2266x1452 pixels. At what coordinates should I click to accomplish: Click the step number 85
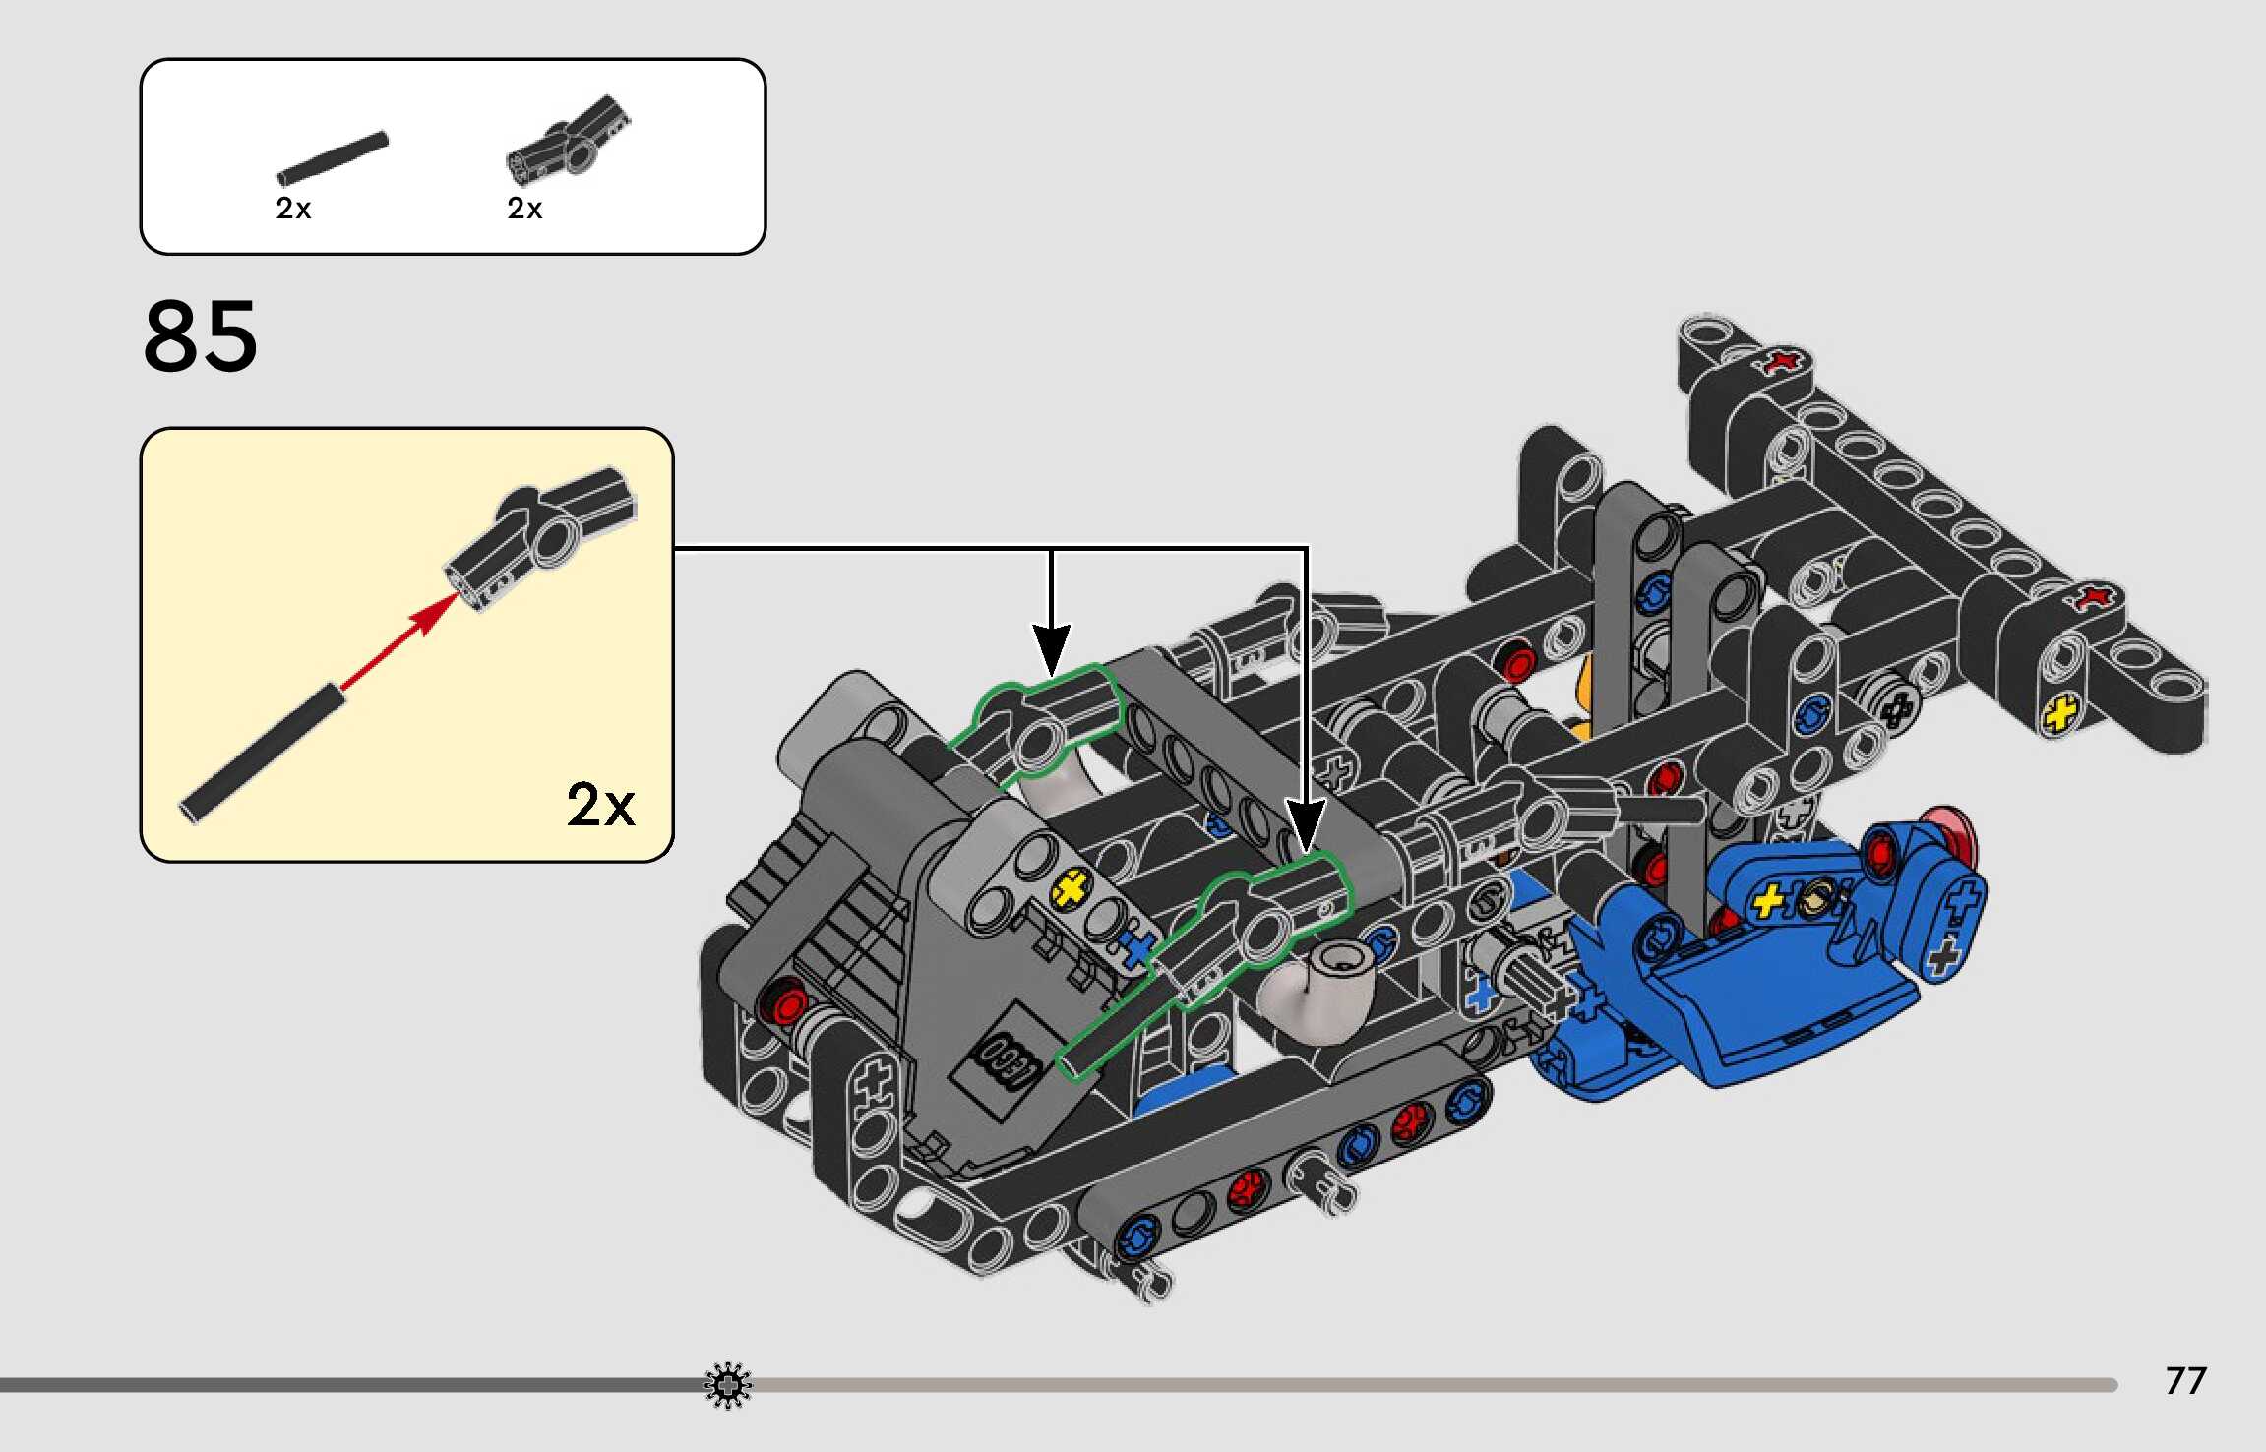click(201, 336)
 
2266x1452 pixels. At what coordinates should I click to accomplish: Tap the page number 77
click(2185, 1380)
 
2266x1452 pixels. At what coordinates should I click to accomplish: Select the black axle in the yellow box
click(263, 753)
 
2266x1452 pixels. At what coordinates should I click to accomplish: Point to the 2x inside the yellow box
click(600, 806)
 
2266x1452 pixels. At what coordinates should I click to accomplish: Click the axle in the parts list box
click(333, 158)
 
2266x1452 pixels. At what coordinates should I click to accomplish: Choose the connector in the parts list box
click(569, 140)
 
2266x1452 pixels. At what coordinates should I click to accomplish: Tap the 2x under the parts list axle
click(293, 209)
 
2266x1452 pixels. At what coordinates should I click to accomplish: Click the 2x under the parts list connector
click(524, 209)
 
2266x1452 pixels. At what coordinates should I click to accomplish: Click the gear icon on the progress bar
click(727, 1386)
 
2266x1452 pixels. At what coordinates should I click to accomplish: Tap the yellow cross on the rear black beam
click(2060, 714)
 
